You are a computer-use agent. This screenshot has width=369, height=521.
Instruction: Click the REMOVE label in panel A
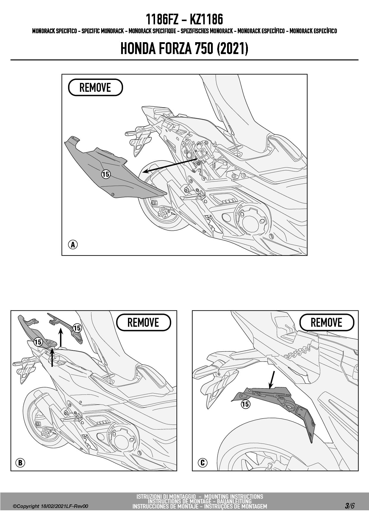[95, 87]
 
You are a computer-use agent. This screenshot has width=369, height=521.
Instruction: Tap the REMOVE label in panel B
[143, 322]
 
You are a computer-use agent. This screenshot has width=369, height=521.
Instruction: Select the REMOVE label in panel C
[326, 322]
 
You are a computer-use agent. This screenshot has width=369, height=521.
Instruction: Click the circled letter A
[73, 245]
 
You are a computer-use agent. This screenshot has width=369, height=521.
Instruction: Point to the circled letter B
[20, 462]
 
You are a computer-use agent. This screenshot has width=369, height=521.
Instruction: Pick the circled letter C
[203, 462]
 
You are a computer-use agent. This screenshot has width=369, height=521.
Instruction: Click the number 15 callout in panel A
[106, 174]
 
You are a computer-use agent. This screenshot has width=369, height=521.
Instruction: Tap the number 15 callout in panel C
[246, 404]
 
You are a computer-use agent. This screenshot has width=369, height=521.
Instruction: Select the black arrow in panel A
[170, 165]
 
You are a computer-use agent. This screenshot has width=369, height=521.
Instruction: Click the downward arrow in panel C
[272, 380]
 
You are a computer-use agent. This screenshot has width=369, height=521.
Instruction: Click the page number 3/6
[350, 506]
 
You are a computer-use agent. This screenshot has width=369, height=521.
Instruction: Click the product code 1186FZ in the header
[162, 20]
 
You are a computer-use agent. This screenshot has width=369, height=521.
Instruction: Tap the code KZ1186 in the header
[206, 20]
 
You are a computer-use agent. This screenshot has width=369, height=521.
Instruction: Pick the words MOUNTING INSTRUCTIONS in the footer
[234, 497]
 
